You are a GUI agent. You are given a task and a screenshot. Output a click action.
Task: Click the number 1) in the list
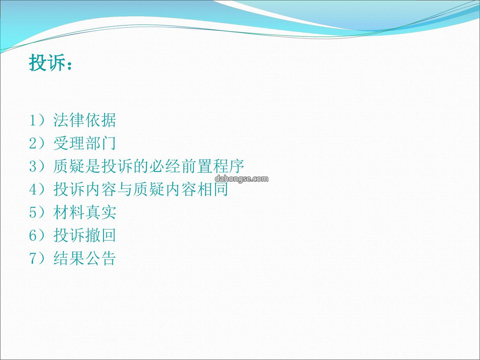[37, 120]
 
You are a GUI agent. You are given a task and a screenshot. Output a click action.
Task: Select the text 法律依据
[85, 120]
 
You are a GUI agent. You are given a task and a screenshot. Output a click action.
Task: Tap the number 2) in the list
[37, 143]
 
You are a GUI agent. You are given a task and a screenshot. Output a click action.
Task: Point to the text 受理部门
[85, 143]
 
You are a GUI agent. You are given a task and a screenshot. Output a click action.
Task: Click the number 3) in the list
[37, 166]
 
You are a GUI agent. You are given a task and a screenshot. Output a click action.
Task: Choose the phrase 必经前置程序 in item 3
[197, 166]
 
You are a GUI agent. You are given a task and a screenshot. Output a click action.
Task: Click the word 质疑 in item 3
[69, 166]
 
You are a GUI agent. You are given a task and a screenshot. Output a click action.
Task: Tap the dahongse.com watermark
[241, 179]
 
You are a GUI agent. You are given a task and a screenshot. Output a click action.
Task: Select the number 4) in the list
[37, 189]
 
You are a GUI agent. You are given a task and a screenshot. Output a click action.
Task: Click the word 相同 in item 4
[213, 189]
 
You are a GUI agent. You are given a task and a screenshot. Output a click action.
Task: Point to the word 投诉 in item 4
[69, 189]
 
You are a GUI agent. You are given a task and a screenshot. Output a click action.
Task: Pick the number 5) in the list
[37, 212]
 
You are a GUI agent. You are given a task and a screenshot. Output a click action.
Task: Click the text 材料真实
[85, 212]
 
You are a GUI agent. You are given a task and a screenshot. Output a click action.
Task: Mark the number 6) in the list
[37, 235]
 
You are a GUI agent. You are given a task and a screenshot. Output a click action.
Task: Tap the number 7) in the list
[37, 258]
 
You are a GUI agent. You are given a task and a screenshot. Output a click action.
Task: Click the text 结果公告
[85, 258]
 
